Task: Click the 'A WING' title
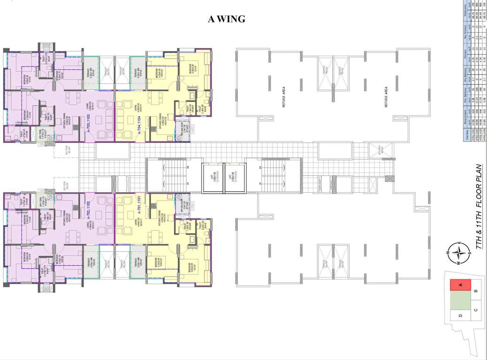coord(227,20)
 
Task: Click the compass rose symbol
coord(461,253)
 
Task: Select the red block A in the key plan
coord(461,285)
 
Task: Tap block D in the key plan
coord(461,315)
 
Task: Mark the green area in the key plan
coord(460,300)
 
